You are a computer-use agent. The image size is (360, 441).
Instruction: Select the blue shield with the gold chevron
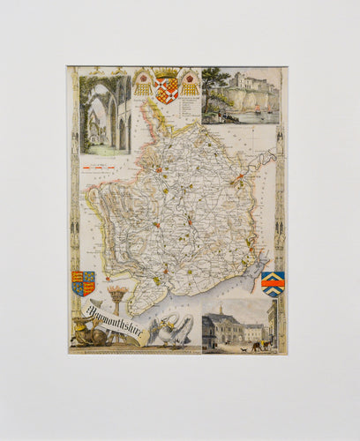coord(273,284)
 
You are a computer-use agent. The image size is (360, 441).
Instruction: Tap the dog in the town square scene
coord(243,348)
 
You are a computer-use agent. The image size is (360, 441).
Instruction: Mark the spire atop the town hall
coord(221,309)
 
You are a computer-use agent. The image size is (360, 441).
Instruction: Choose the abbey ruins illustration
coord(104,115)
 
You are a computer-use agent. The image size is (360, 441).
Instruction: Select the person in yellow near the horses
coord(253,346)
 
